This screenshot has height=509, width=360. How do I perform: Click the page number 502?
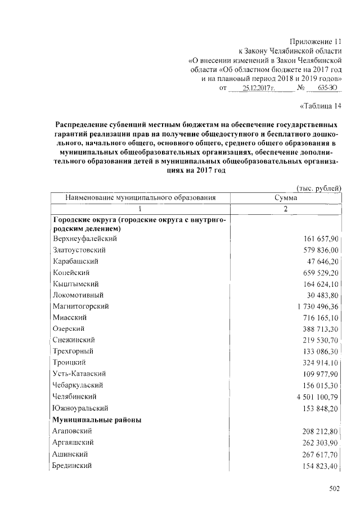click(335, 490)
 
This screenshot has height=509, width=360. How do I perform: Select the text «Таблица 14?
click(319, 105)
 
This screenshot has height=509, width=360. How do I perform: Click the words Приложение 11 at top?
click(316, 42)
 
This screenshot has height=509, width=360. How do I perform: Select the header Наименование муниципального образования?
click(140, 197)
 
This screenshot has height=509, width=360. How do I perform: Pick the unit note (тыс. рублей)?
click(318, 188)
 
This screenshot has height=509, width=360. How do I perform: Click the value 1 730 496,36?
click(314, 307)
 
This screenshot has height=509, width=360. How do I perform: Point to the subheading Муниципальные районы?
click(96, 420)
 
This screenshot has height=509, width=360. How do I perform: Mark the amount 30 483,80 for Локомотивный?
click(321, 295)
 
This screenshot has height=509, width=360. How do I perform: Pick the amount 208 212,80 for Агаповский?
click(319, 431)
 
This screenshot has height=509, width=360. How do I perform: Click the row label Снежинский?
click(73, 340)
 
